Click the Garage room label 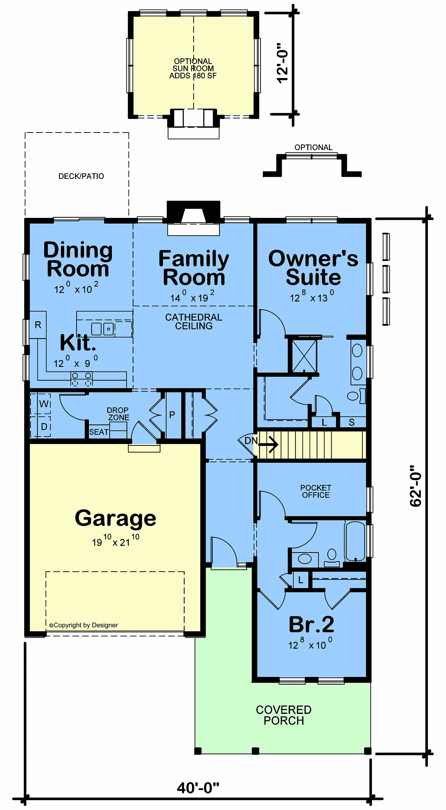point(115,518)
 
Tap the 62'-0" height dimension point(416,486)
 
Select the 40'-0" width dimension point(198,787)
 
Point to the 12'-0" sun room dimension point(282,62)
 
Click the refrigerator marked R point(38,325)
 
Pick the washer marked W point(44,404)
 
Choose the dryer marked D point(44,427)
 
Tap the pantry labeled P point(172,415)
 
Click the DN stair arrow point(268,444)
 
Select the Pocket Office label point(316,491)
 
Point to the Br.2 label point(311,624)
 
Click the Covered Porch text point(284,715)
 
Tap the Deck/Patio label point(81,176)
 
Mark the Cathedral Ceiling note point(194,321)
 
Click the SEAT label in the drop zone point(99,432)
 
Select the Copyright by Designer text point(84,625)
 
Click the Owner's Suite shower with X point(304,356)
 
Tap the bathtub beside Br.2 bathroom point(355,541)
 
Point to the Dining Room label point(78,259)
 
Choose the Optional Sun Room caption point(193,68)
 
